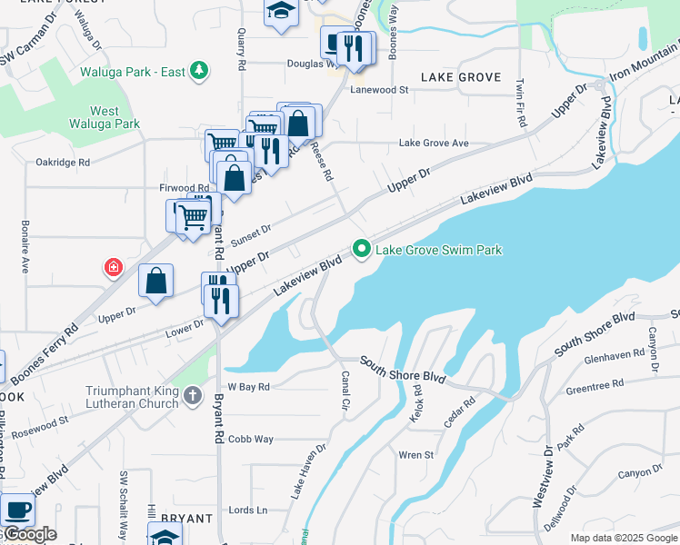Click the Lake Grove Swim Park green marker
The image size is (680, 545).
pyautogui.click(x=361, y=249)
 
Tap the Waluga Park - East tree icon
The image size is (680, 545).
pyautogui.click(x=199, y=71)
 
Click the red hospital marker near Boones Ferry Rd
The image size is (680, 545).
pyautogui.click(x=113, y=267)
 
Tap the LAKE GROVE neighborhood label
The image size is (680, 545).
pyautogui.click(x=461, y=77)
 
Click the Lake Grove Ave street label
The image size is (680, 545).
pyautogui.click(x=434, y=144)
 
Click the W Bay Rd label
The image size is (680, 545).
pyautogui.click(x=249, y=386)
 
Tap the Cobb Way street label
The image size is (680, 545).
pyautogui.click(x=251, y=439)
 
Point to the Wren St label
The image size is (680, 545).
pyautogui.click(x=416, y=454)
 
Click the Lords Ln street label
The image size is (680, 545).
pyautogui.click(x=248, y=510)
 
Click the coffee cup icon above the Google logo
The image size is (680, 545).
pyautogui.click(x=17, y=510)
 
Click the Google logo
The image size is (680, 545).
pyautogui.click(x=29, y=534)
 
